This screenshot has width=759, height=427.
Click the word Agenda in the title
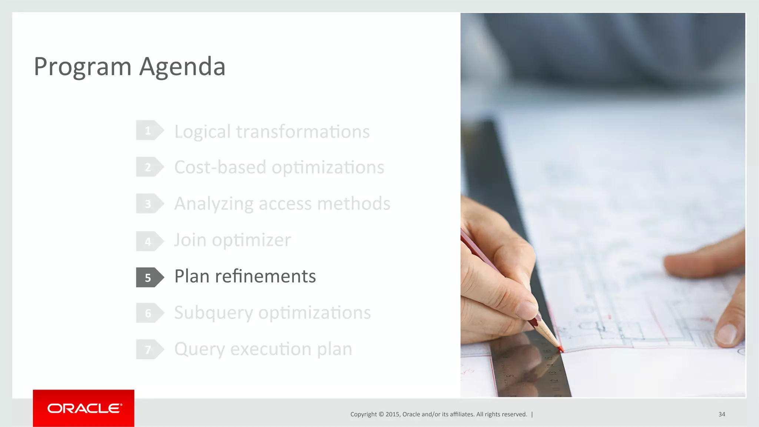[182, 67]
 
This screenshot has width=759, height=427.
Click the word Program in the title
[83, 67]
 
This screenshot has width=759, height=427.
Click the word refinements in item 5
[265, 276]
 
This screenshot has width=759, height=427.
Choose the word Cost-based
[220, 167]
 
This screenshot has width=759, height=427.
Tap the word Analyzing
[214, 204]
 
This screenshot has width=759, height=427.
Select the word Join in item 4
[190, 240]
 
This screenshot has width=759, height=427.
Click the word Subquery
[213, 313]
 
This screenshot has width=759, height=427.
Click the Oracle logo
[84, 408]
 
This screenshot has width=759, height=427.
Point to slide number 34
[722, 414]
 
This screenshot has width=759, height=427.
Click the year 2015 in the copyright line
[392, 414]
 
